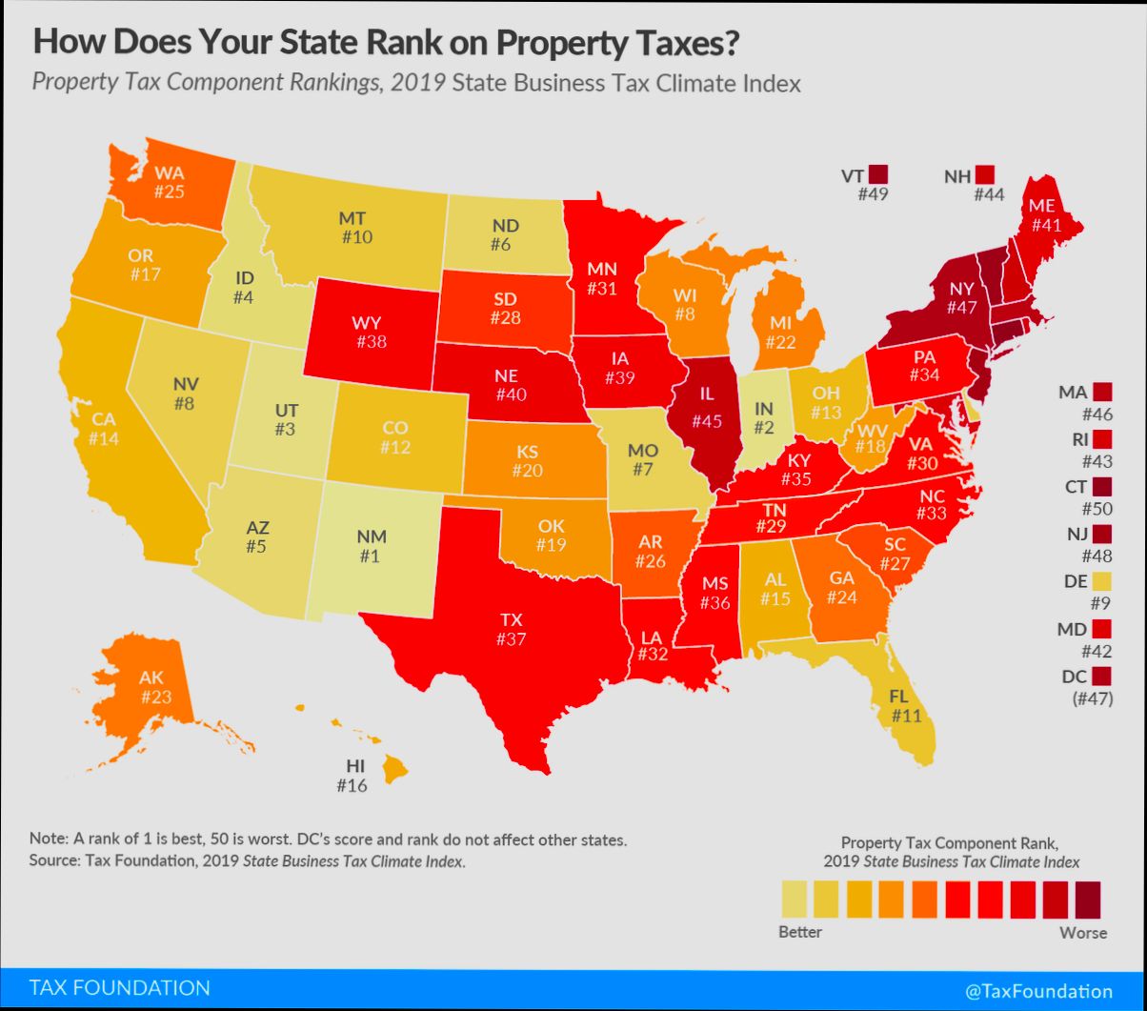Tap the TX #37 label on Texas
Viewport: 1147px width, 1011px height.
pos(511,629)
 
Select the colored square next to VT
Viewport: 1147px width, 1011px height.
pos(877,174)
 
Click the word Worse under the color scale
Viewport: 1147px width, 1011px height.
pos(1083,932)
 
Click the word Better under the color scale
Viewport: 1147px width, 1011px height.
pos(799,932)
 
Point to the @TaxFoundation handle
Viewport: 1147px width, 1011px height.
pos(1037,990)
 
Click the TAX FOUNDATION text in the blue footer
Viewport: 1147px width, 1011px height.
pos(120,987)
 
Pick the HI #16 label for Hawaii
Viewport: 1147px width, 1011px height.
pos(352,775)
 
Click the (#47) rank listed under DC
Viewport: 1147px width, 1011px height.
pos(1089,698)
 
